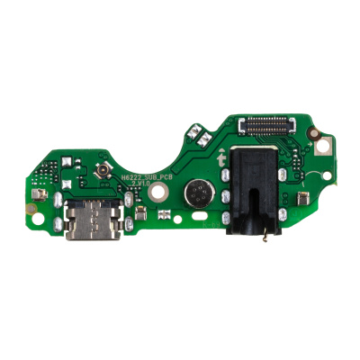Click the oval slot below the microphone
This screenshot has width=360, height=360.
[188, 218]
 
